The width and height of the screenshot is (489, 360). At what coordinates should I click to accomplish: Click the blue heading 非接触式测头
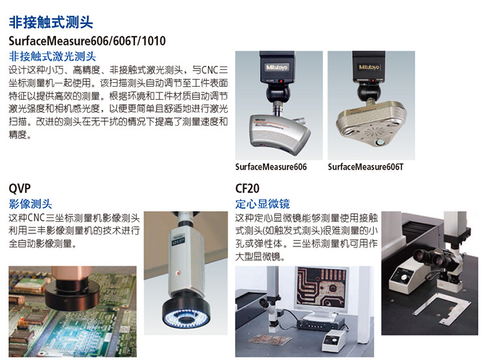pos(51,22)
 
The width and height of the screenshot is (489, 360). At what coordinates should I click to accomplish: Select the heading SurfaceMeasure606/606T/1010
pos(87,41)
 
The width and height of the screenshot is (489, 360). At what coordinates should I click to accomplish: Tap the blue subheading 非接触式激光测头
pos(52,56)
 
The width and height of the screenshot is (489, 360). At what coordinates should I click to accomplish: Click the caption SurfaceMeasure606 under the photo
pos(271,167)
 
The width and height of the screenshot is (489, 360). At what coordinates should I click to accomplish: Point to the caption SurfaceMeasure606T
pos(366,167)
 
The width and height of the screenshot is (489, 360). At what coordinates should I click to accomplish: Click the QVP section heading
pos(20,188)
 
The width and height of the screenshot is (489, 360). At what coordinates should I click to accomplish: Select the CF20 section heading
pos(247,188)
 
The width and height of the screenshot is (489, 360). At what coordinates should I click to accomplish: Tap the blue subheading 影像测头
pos(30,204)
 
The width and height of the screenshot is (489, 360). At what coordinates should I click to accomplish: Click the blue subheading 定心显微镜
pos(263,204)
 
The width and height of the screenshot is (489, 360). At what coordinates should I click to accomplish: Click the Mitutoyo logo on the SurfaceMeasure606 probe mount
pos(276,67)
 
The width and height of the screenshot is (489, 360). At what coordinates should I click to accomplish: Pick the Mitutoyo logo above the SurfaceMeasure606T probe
pos(368,67)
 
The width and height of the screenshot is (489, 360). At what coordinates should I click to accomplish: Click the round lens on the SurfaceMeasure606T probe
pos(380,143)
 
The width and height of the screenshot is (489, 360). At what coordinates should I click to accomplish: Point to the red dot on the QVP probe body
pos(178,273)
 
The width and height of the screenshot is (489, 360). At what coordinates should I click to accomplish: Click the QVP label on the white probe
pos(179,241)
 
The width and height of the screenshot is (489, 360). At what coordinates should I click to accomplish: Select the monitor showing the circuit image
pos(321,289)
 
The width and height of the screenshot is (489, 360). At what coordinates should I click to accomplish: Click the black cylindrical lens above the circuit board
pos(72,293)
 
